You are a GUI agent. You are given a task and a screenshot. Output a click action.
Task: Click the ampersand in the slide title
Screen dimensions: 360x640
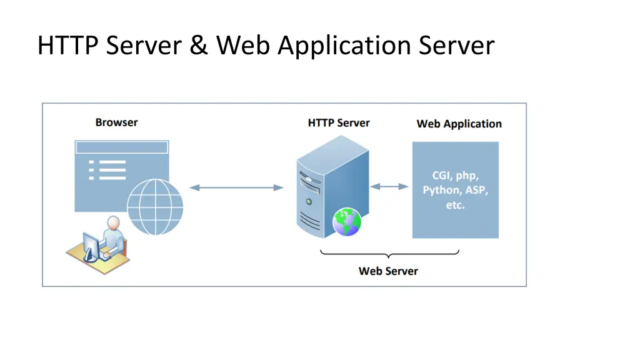point(199,46)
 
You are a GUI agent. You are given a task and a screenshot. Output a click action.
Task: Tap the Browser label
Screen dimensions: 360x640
point(116,122)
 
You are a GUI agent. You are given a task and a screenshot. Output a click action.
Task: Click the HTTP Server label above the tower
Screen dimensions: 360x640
point(338,123)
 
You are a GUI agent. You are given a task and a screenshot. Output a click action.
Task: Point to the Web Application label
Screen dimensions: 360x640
point(459,124)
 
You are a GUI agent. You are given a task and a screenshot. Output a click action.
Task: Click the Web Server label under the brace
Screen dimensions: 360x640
point(388,271)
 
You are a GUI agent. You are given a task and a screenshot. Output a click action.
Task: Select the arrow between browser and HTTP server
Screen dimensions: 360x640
point(236,187)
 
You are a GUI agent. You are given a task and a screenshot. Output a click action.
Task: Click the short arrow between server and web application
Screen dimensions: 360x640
point(389,186)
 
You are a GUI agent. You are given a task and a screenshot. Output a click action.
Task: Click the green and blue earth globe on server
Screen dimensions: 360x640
point(346,222)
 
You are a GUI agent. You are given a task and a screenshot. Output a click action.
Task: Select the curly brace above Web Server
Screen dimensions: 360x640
point(389,254)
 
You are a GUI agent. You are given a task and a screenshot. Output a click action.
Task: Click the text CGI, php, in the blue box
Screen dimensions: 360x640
point(456,175)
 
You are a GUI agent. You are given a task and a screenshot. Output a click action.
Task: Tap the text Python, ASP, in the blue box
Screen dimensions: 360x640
point(456,190)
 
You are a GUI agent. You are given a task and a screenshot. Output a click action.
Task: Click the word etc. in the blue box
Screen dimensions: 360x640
point(456,205)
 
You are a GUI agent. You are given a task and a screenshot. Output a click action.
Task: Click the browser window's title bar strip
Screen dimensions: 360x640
point(121,147)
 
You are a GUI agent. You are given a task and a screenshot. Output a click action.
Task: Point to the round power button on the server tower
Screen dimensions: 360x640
point(309,202)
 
